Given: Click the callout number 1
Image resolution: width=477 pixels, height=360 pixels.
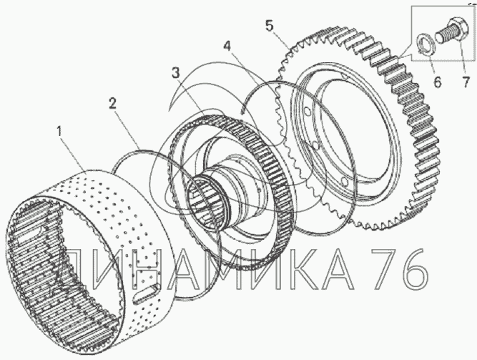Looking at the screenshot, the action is pos(59,132).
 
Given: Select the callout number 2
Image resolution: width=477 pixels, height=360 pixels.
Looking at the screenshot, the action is pos(112,104).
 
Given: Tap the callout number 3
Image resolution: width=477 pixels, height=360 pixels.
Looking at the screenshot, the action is pos(175,73).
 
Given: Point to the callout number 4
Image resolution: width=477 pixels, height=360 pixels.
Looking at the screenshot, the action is pos(227,46).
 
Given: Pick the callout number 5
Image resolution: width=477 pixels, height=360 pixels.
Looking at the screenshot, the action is pos(269,26).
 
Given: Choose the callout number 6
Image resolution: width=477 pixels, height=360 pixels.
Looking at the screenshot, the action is pos(437,82).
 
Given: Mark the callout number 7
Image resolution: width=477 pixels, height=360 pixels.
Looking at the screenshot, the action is pos(466,82).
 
